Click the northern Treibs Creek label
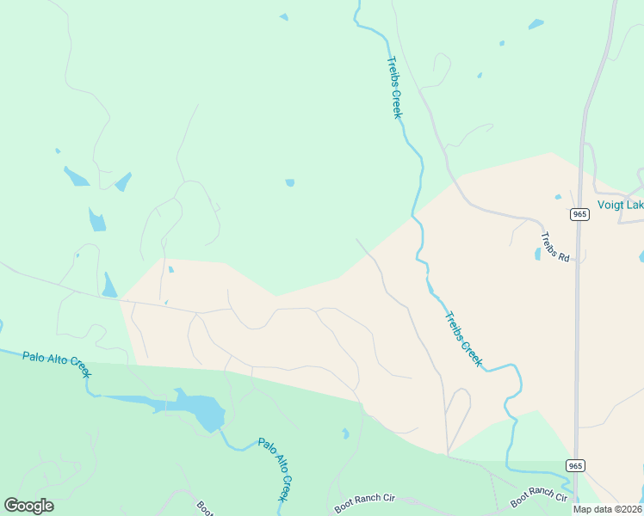[394, 88]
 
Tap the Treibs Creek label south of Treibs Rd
[463, 339]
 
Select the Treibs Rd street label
[555, 247]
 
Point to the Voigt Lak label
[620, 205]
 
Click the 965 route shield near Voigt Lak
[579, 213]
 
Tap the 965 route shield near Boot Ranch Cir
[576, 465]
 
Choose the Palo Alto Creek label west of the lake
[57, 363]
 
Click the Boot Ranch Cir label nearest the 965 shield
[539, 497]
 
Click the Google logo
[29, 506]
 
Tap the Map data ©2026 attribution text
[607, 509]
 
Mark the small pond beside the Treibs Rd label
[538, 254]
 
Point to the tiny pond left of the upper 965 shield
[558, 197]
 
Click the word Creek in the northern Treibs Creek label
[399, 103]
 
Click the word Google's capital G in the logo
[11, 506]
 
